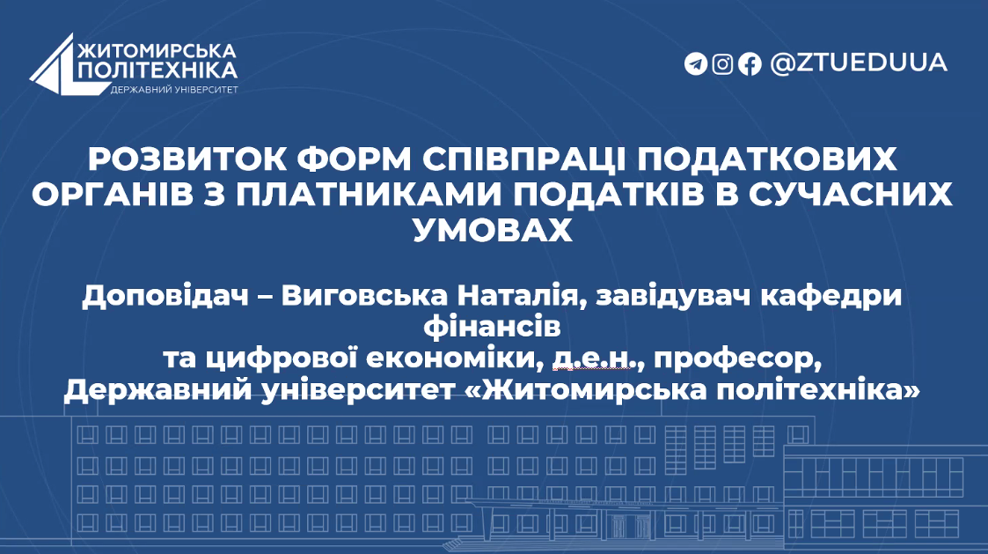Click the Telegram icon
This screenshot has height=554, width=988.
696,63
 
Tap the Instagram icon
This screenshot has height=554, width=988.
722,63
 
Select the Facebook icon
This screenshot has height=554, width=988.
750,63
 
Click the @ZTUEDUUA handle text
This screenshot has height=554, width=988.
859,63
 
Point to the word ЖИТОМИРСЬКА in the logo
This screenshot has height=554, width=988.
157,51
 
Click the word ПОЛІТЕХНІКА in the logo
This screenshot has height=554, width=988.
158,70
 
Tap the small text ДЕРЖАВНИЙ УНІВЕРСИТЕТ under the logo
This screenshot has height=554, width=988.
174,90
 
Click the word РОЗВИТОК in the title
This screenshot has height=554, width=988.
187,159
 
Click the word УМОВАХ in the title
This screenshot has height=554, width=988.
493,230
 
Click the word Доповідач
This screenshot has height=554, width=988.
165,296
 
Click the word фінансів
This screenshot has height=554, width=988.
492,327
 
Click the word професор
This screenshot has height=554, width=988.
738,359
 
